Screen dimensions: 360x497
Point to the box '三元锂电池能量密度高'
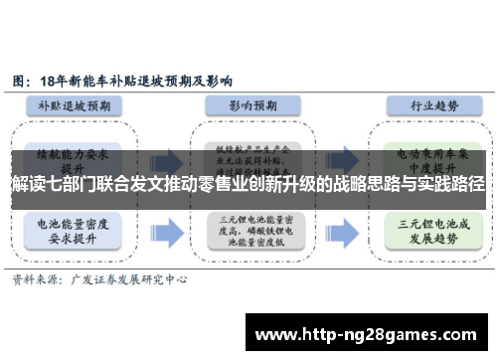248,231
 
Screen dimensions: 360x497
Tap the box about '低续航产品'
248,154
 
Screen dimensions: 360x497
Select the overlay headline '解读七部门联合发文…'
248,184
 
